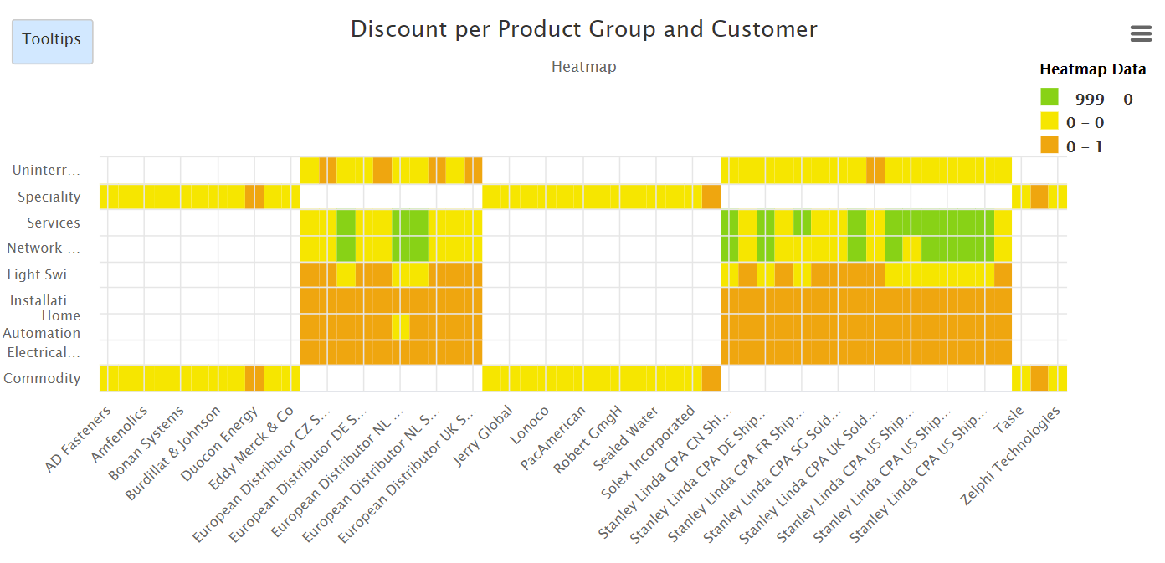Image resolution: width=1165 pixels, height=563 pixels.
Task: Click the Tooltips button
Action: coord(52,41)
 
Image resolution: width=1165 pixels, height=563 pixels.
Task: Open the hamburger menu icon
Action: coord(1141,33)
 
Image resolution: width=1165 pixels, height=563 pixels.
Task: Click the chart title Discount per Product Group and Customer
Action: coord(583,29)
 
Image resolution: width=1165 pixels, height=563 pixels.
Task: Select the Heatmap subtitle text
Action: coord(583,67)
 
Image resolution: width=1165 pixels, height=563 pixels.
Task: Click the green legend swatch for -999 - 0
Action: coord(1049,98)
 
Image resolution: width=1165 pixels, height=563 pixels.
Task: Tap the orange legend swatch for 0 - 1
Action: coord(1049,146)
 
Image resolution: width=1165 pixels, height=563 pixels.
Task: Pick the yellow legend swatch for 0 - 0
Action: coord(1049,122)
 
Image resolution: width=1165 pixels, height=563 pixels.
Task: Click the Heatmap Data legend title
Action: coord(1092,69)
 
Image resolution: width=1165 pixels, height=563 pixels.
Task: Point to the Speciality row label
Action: coord(49,197)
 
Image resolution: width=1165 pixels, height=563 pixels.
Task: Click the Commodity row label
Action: coord(43,378)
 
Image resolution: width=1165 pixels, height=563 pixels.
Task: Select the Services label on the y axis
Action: coord(54,223)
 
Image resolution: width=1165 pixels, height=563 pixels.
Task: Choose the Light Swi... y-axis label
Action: coord(44,274)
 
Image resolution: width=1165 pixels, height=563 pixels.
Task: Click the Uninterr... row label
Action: coord(47,171)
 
